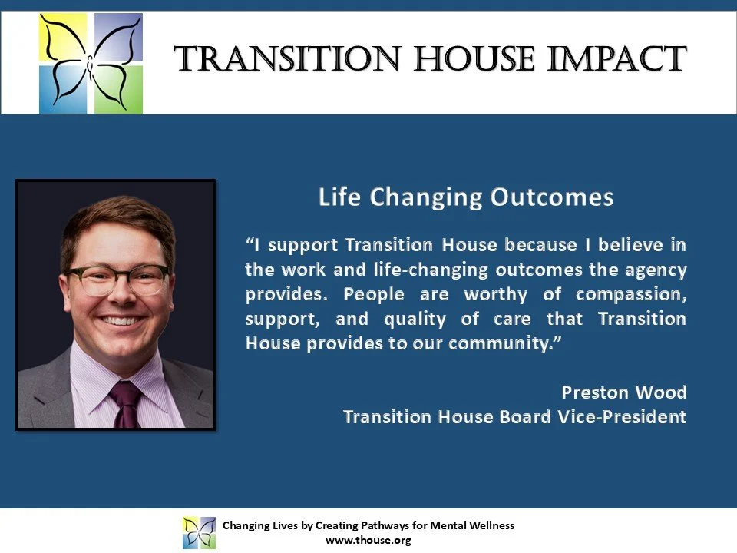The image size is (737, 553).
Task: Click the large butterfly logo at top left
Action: pyautogui.click(x=91, y=63)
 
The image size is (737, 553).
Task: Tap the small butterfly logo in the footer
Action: pyautogui.click(x=199, y=532)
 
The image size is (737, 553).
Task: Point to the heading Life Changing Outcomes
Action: pyautogui.click(x=466, y=197)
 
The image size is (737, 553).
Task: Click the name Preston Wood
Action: pyautogui.click(x=623, y=392)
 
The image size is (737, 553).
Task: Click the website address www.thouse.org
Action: pyautogui.click(x=368, y=540)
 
